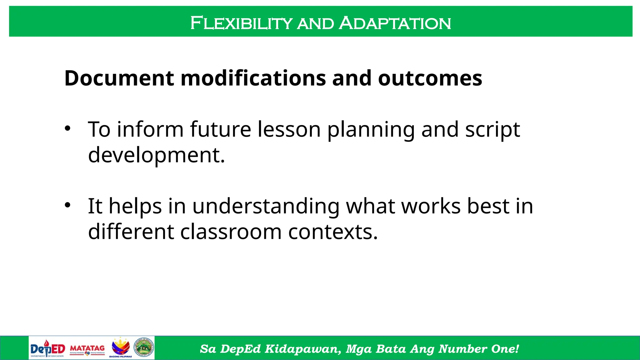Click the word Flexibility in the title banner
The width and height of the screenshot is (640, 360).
tap(241, 23)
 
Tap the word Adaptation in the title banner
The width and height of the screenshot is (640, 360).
tap(395, 23)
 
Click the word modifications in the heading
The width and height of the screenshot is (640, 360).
tap(253, 78)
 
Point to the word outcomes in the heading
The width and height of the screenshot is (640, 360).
tap(430, 78)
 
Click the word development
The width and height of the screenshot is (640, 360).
tap(156, 155)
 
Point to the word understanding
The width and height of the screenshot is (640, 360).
tap(266, 206)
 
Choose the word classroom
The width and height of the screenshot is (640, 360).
tap(231, 232)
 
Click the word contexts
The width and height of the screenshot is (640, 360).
tap(333, 232)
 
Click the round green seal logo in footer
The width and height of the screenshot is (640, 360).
tap(144, 347)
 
